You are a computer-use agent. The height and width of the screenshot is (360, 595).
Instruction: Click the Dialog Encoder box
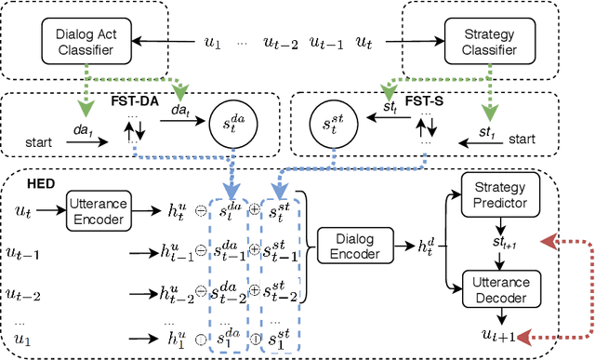tap(353, 244)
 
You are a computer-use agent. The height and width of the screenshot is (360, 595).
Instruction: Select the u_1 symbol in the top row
tap(213, 42)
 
